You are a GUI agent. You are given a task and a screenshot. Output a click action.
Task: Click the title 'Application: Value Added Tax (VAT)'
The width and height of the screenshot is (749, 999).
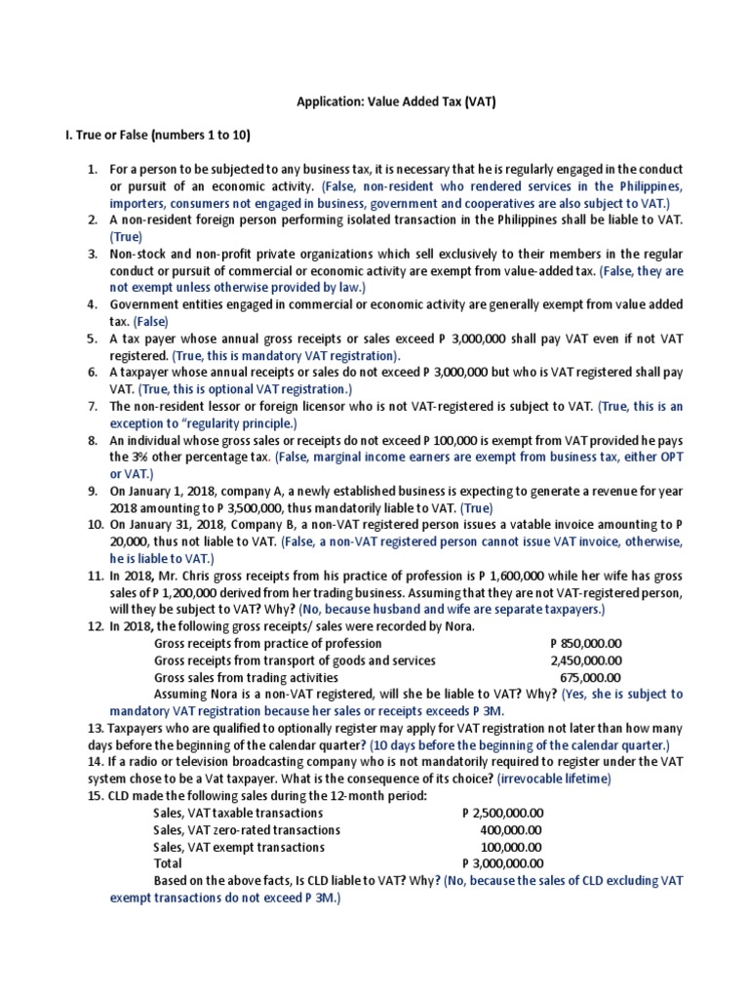(x=374, y=101)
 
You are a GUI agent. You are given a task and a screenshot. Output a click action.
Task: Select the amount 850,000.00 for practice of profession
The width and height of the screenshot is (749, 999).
(x=585, y=644)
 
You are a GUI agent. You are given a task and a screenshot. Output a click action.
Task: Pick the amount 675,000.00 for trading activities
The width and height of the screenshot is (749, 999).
(x=590, y=677)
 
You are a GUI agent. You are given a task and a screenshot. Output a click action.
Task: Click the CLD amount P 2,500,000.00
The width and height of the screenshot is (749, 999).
(x=502, y=813)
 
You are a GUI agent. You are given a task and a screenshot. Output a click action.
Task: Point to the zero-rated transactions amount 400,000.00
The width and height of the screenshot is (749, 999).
(x=512, y=829)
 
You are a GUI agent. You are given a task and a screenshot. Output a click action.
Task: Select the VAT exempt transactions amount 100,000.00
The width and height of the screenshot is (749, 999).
(x=512, y=846)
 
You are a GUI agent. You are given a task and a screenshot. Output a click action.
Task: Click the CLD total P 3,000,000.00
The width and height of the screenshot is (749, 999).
(x=502, y=862)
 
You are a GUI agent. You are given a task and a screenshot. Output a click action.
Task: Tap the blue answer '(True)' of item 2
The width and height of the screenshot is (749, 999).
(x=126, y=236)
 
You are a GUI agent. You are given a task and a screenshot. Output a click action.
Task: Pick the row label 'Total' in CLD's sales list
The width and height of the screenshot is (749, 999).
(x=168, y=862)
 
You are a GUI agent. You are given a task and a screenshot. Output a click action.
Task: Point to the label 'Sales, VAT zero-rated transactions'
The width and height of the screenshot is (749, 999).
(x=247, y=829)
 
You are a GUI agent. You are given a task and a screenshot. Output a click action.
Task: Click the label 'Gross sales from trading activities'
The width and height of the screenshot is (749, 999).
(x=247, y=677)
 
